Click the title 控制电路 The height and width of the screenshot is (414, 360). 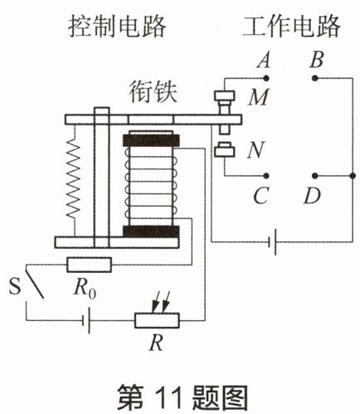(x=117, y=27)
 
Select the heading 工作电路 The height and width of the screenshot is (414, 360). (x=291, y=27)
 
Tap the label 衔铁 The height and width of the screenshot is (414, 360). (x=153, y=93)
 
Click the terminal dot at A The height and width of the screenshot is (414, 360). (x=266, y=78)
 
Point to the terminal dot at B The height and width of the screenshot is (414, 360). (x=314, y=78)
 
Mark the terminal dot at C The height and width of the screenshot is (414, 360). (x=266, y=176)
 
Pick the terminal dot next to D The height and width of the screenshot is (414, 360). (x=314, y=176)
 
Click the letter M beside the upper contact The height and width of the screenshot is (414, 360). (x=258, y=97)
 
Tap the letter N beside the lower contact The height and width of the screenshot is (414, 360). (x=255, y=151)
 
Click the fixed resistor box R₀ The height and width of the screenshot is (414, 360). (x=90, y=265)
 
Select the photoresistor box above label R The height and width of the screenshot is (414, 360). (x=157, y=320)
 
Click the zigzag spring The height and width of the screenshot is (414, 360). (x=74, y=180)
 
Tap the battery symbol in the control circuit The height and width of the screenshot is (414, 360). (x=86, y=320)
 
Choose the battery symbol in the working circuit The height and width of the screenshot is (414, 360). (x=273, y=242)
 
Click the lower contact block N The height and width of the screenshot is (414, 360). (x=225, y=150)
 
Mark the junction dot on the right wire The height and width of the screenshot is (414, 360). (x=353, y=176)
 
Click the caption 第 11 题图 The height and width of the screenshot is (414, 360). (x=182, y=397)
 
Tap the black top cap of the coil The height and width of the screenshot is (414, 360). (x=151, y=141)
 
